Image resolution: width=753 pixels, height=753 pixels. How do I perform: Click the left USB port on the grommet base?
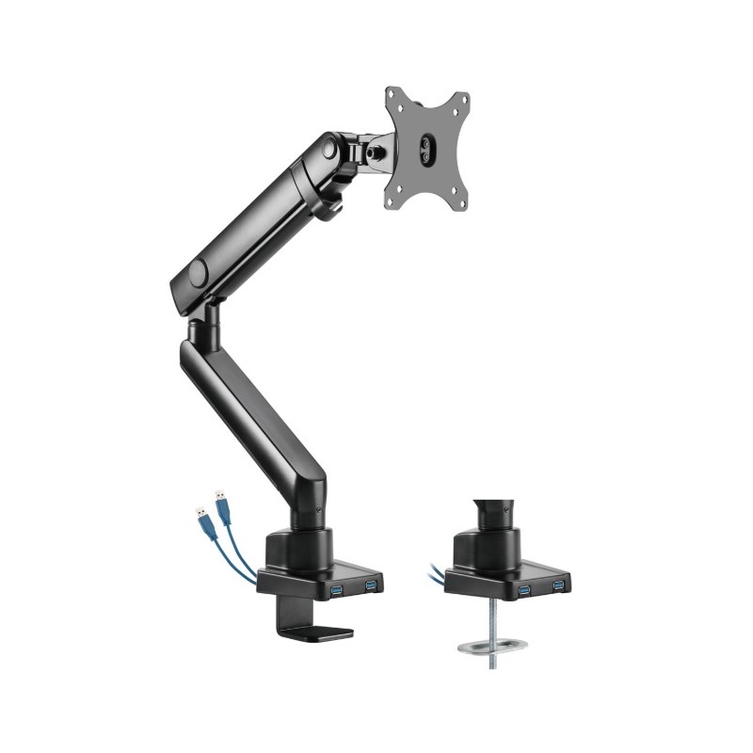click(523, 590)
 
